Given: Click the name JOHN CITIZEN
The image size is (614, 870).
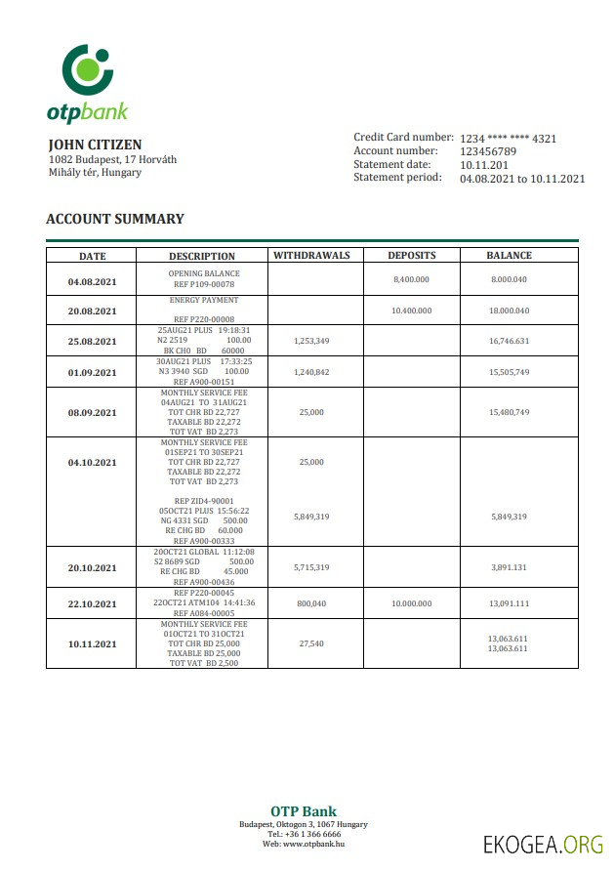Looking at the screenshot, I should click(95, 145).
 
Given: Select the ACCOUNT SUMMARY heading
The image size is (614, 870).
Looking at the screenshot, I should click(115, 220).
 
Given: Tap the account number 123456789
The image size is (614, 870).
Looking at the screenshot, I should click(488, 151).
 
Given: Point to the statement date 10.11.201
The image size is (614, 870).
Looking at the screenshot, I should click(484, 165).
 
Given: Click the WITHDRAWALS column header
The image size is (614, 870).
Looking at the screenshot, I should click(311, 256).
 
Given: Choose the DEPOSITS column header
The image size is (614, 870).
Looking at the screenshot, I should click(411, 256).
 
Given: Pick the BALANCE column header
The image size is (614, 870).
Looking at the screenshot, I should click(510, 256).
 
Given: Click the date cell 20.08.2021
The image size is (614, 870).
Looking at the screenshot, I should click(92, 311).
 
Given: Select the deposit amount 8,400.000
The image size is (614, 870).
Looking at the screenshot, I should click(411, 280).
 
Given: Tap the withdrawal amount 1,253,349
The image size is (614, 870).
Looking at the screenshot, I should click(311, 342).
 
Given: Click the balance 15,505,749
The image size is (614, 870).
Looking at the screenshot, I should click(510, 373).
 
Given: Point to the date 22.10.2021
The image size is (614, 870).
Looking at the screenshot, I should click(92, 603).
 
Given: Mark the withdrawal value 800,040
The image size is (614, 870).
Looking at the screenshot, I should click(311, 603).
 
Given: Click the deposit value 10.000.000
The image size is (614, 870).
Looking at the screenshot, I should click(411, 603).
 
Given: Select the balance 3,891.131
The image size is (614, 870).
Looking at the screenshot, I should click(510, 567).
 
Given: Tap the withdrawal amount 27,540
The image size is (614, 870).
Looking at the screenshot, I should click(311, 644).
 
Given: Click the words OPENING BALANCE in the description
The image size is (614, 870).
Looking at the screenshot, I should click(203, 274).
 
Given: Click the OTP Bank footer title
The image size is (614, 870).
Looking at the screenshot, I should click(304, 811).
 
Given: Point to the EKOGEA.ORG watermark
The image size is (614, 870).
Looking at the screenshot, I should click(543, 844).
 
